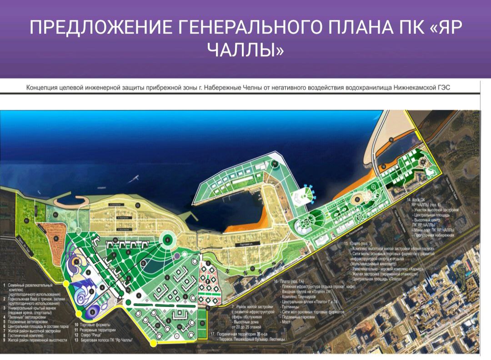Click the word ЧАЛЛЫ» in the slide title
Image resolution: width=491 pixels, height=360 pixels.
(x=245, y=50)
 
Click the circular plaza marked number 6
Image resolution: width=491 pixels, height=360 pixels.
(x=167, y=240)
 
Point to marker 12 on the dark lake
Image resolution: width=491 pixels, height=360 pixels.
(x=143, y=263)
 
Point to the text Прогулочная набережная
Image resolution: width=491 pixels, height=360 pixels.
(x=433, y=235)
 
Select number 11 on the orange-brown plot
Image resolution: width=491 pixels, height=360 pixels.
(x=56, y=238)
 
